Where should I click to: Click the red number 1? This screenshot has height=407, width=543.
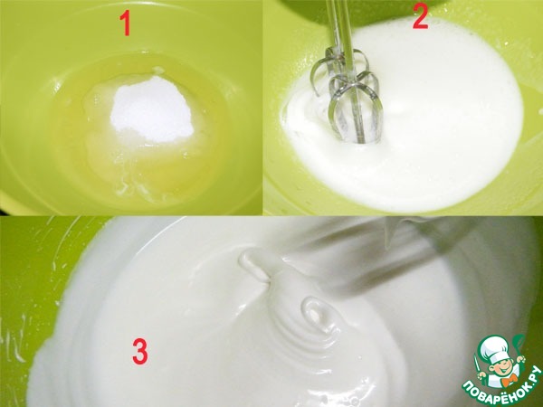[126, 23]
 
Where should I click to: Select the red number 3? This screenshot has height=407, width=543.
[140, 351]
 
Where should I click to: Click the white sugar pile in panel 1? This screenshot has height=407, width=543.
[151, 108]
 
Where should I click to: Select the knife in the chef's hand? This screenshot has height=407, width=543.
[479, 366]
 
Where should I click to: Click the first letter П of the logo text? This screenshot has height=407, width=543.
[468, 385]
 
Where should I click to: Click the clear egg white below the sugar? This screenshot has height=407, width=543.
[146, 166]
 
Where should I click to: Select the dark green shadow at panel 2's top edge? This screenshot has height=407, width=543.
[360, 10]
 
